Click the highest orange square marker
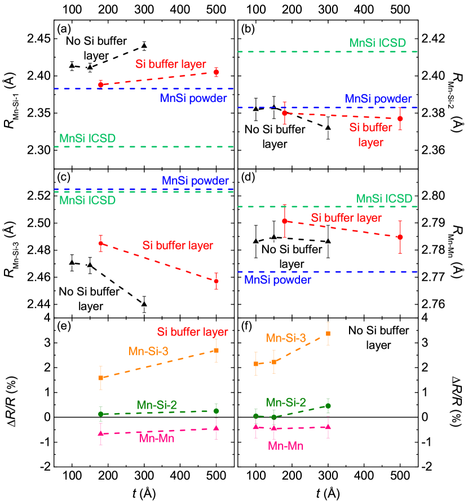pyautogui.click(x=328, y=334)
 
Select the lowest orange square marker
pyautogui.click(x=100, y=378)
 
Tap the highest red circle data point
pyautogui.click(x=216, y=73)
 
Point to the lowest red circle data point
pyautogui.click(x=216, y=281)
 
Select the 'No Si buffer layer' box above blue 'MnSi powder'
pyautogui.click(x=292, y=256)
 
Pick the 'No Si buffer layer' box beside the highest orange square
pyautogui.click(x=378, y=338)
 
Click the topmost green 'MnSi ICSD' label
pyautogui.click(x=377, y=43)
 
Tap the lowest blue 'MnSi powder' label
pyautogui.click(x=277, y=280)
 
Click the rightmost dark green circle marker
pyautogui.click(x=328, y=405)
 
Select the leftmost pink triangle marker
pyautogui.click(x=100, y=433)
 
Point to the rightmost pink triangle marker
pyautogui.click(x=328, y=427)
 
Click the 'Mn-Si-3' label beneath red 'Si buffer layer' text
pyautogui.click(x=148, y=351)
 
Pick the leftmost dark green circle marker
pyautogui.click(x=100, y=414)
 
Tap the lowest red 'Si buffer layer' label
pyautogui.click(x=192, y=332)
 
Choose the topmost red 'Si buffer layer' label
pyautogui.click(x=170, y=64)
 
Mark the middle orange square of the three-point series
pyautogui.click(x=274, y=362)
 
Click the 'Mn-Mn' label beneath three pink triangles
pyautogui.click(x=285, y=446)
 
